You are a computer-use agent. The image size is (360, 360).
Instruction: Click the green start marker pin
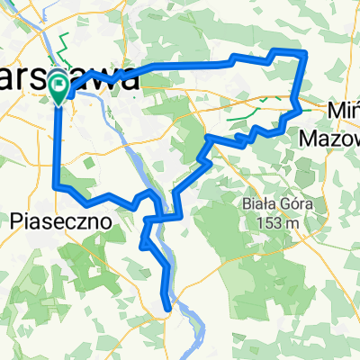point(59,85)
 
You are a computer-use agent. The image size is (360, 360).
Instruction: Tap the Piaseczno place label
point(61,220)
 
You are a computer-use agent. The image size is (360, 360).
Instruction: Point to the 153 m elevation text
point(278,222)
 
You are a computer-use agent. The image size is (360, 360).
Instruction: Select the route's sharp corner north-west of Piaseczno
point(58,186)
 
